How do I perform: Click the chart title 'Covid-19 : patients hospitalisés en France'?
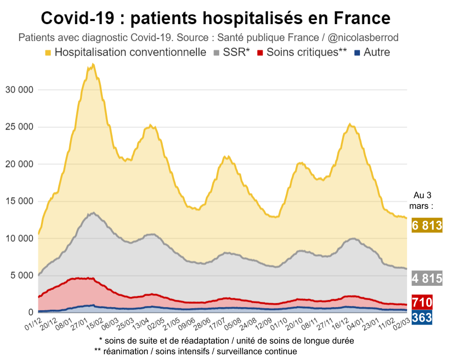(216, 18)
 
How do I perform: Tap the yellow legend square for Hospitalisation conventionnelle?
(48, 52)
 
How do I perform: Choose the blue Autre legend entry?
(376, 52)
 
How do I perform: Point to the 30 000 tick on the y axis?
(19, 90)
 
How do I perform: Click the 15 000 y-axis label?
(19, 201)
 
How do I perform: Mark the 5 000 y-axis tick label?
(22, 276)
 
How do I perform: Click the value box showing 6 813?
(426, 225)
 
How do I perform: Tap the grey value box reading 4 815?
(426, 279)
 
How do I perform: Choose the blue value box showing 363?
(422, 317)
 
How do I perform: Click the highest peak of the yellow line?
(93, 65)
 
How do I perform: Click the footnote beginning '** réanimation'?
(196, 351)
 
